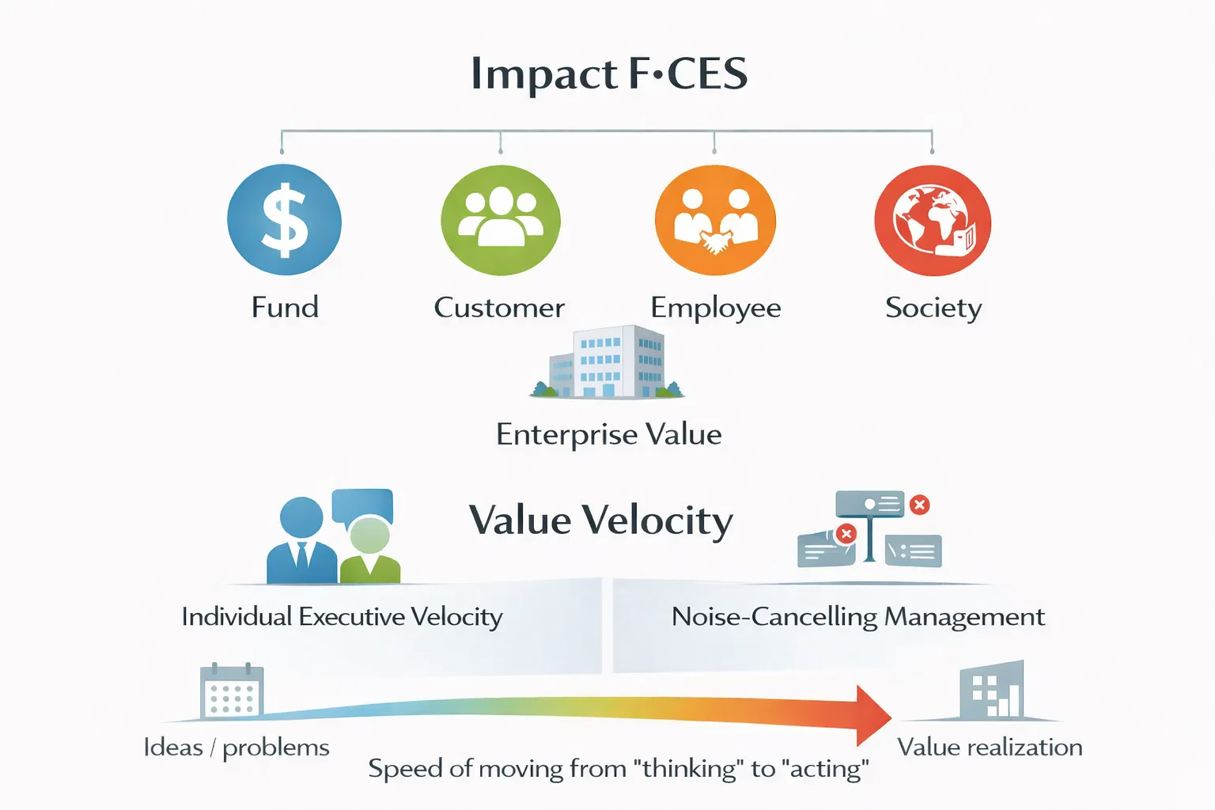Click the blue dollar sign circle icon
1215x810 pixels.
tap(284, 220)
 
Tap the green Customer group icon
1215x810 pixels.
tap(500, 220)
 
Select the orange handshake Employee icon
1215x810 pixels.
tap(715, 220)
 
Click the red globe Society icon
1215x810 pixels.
tap(933, 220)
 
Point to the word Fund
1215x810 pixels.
tap(285, 307)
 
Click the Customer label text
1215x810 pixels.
tap(499, 307)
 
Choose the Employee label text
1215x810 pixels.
tap(715, 308)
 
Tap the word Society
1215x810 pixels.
tap(933, 308)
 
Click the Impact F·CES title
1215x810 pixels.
tap(609, 74)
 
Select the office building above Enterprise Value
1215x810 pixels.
tap(607, 361)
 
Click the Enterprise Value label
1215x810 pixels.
tap(608, 434)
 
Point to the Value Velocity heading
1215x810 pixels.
tap(600, 520)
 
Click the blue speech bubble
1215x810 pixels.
tap(362, 505)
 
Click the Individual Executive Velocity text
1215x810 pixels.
tap(342, 616)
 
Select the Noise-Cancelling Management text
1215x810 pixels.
tap(857, 616)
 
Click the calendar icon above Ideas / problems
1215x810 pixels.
tap(231, 691)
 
